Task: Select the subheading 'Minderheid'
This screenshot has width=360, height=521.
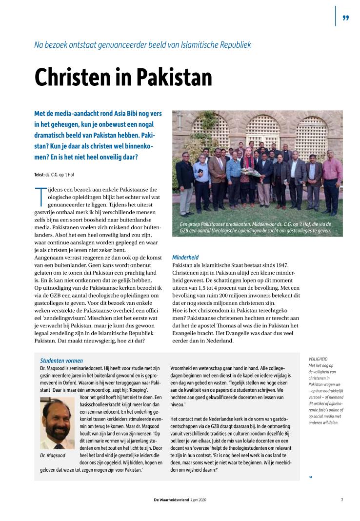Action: (x=185, y=257)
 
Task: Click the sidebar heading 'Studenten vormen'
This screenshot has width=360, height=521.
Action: (x=61, y=361)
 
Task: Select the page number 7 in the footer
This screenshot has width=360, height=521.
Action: (x=342, y=500)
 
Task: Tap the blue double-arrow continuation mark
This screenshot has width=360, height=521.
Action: (x=311, y=477)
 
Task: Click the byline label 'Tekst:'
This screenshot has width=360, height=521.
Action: (x=39, y=174)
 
